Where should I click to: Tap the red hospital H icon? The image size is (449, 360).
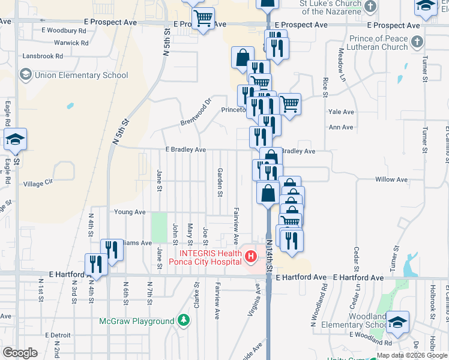coord(252,257)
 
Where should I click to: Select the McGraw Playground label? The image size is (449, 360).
coord(137,322)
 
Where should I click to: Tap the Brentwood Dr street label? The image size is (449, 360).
coord(197,113)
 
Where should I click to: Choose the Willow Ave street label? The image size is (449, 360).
coord(391,179)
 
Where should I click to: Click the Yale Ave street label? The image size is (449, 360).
coord(341,112)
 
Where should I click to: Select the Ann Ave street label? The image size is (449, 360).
coord(341,127)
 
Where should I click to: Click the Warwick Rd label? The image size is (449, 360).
coord(71,43)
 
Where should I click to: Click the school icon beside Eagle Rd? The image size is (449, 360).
coord(15,140)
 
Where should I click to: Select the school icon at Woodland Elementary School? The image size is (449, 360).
coord(397,322)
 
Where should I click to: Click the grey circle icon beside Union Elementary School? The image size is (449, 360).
coord(25,75)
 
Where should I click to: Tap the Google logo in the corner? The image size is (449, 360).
coord(20,352)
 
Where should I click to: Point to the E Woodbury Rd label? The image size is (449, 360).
coord(64,30)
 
